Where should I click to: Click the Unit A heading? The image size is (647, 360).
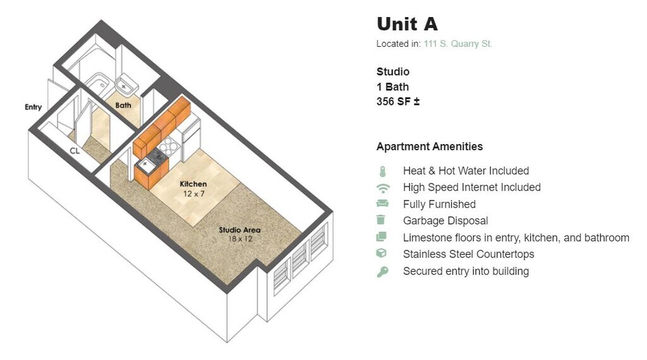pos(407,24)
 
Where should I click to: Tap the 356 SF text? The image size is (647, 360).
pos(398,102)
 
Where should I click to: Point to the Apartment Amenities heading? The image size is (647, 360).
pos(429,147)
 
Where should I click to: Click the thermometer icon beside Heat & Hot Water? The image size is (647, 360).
pos(382,171)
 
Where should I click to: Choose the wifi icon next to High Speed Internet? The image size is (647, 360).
pos(382,188)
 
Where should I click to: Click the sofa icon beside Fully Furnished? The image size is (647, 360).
pos(382,204)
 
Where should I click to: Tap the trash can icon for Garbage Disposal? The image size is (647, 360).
pos(381,220)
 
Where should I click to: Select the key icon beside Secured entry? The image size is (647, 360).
pos(382,272)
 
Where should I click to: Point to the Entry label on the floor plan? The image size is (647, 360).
pos(33,107)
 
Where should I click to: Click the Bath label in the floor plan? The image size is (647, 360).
pos(123,105)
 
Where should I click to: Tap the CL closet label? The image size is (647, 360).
pos(75,151)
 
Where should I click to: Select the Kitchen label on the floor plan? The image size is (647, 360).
pos(193,184)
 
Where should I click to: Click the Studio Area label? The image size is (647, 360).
pos(239,230)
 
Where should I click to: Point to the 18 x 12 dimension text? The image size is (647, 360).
pos(239,239)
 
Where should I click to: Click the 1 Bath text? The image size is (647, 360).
pos(392,87)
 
